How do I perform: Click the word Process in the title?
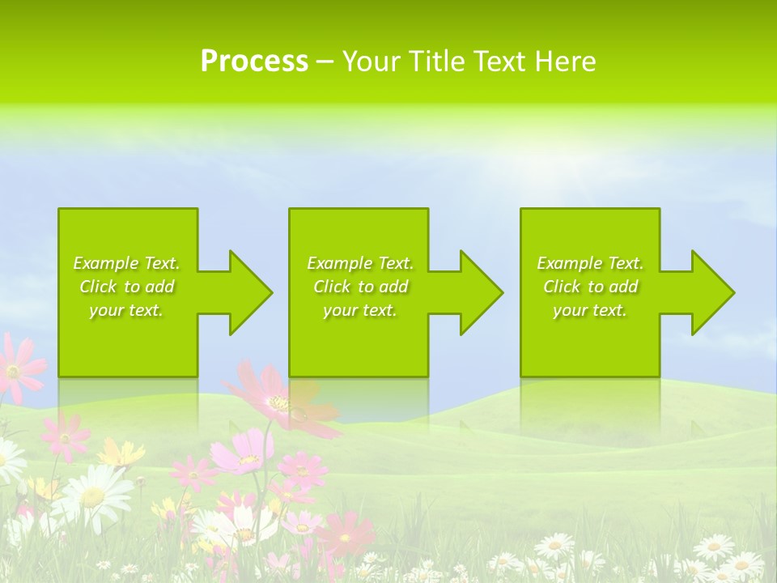[x=254, y=62]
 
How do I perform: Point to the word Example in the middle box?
[x=339, y=263]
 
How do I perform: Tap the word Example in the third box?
[x=569, y=263]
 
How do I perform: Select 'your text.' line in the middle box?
[x=359, y=310]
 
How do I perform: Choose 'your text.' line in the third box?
[x=589, y=310]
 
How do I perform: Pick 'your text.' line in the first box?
[x=125, y=310]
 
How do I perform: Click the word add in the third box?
[x=624, y=287]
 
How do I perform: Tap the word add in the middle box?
[x=394, y=287]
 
